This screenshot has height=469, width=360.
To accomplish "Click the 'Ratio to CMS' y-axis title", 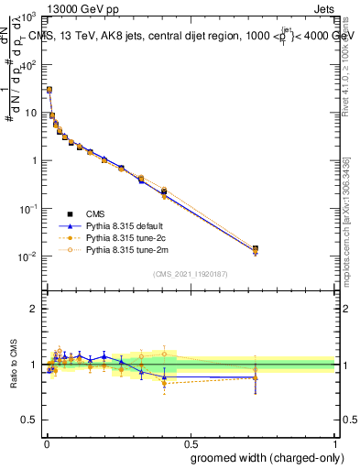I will pos(14,364).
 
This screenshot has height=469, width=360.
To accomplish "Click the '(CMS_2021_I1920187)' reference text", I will pos(190,273).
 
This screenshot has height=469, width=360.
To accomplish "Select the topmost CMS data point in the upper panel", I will pos(49,90).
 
